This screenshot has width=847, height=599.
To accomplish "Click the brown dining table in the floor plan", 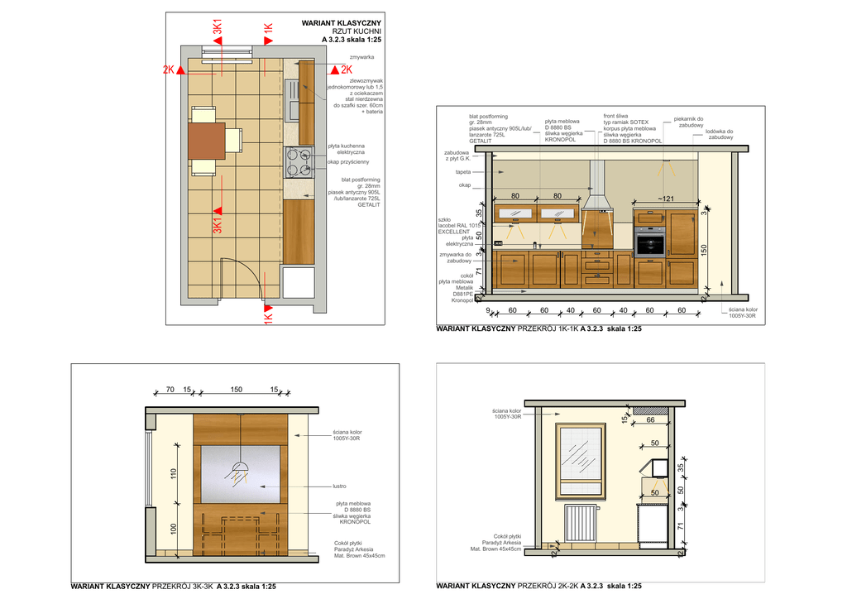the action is [207, 141].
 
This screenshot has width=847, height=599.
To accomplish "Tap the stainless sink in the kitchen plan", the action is [292, 100].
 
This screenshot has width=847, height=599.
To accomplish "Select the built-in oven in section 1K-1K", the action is [650, 242].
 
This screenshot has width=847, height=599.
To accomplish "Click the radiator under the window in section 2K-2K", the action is [581, 522].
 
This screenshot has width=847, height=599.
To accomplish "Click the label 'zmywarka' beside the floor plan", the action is [361, 57].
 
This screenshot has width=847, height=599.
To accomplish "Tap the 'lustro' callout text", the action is [339, 486].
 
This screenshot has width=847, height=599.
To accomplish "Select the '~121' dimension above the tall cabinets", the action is [666, 199].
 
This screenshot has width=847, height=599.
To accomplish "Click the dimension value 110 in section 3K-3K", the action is [174, 474].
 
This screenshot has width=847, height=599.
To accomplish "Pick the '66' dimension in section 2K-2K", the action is [650, 419].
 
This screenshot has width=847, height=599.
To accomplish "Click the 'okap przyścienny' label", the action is [348, 161].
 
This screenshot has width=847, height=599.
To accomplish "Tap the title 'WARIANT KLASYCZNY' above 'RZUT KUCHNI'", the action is [342, 23].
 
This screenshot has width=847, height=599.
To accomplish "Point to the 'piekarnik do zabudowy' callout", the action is [688, 122].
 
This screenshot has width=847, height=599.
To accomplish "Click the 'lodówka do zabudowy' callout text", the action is [719, 135].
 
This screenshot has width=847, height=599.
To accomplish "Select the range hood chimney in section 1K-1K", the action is [596, 178].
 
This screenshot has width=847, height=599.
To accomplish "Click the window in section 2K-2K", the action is [581, 459].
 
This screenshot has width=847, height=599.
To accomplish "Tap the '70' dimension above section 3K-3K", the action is [170, 390].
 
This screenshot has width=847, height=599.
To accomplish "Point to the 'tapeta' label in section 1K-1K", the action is [463, 172].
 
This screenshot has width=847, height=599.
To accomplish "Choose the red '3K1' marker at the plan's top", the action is [218, 27].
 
